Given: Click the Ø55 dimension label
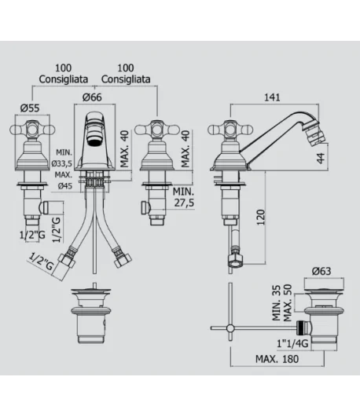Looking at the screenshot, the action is (x=30, y=108).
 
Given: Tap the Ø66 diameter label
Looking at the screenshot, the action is (x=92, y=97).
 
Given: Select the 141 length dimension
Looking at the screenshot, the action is (x=272, y=97).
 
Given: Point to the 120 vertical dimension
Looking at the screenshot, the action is (x=261, y=218).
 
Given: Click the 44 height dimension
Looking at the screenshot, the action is (x=321, y=158).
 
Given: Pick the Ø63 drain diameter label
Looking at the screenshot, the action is (x=321, y=271).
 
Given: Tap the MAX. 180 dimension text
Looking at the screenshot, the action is (x=277, y=359).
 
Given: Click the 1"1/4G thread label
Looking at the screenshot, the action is (x=292, y=343).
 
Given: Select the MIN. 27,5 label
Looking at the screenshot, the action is (x=183, y=197).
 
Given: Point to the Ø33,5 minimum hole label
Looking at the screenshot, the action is (x=61, y=163).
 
